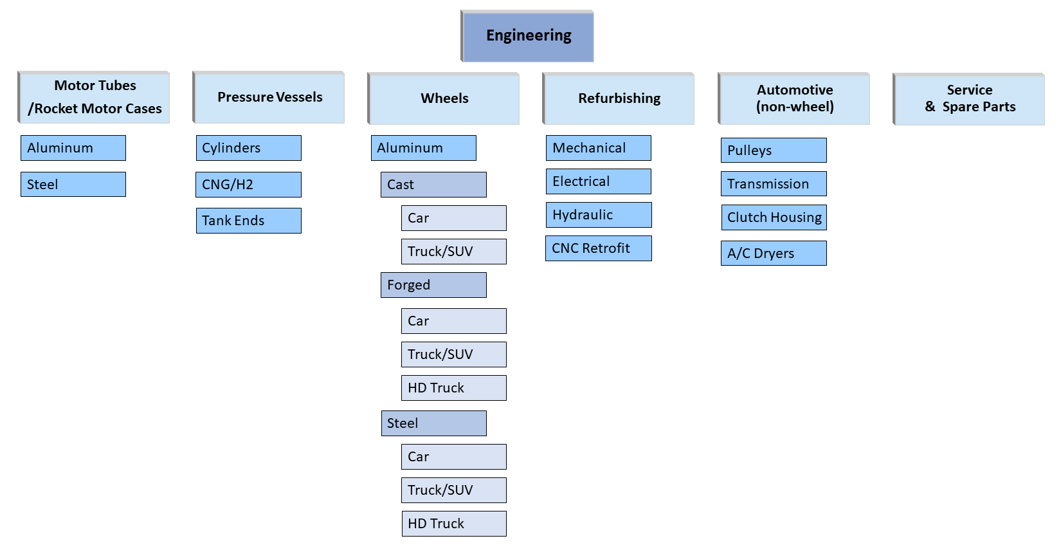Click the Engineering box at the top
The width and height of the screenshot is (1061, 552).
(527, 36)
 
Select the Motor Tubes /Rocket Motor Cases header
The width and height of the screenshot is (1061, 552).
(94, 97)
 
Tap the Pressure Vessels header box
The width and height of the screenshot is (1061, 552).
(269, 97)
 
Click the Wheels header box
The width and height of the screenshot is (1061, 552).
(444, 98)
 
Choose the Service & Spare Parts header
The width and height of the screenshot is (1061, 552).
(969, 98)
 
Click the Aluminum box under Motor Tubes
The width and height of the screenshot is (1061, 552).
(73, 148)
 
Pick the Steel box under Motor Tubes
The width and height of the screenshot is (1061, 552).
(73, 184)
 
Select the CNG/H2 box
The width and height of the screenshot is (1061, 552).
(248, 185)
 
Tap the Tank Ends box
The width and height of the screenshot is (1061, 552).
(248, 221)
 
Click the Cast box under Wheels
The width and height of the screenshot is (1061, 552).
(433, 185)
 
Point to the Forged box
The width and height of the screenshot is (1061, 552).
(433, 285)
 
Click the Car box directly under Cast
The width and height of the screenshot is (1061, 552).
(453, 218)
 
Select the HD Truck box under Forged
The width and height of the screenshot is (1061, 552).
(453, 388)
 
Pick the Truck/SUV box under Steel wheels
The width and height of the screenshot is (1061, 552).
(453, 490)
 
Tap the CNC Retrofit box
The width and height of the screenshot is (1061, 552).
(598, 248)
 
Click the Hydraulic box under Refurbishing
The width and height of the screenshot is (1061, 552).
(598, 215)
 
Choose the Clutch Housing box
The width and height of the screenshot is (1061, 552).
(774, 217)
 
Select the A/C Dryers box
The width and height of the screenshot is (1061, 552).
(774, 253)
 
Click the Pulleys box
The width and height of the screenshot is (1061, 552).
(774, 151)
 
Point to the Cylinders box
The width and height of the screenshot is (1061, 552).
(248, 148)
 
